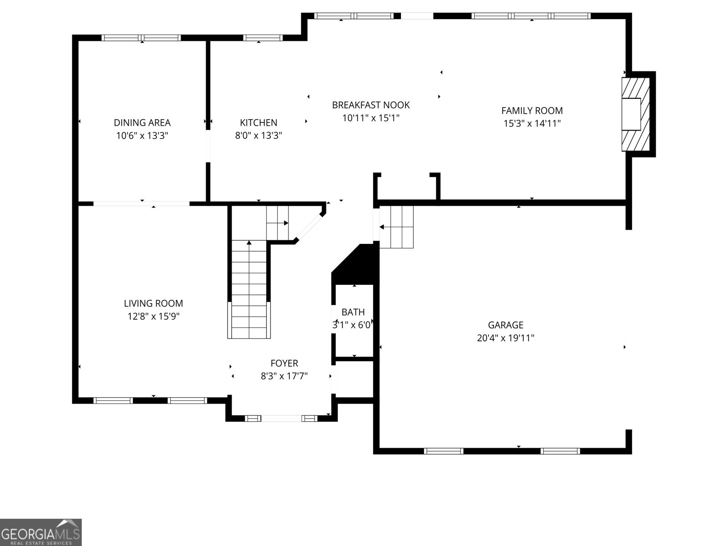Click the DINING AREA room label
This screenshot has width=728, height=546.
[142, 122]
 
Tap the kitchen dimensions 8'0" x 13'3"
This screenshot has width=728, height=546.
[258, 135]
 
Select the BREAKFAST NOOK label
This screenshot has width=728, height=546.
[371, 105]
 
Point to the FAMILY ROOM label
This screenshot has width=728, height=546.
[532, 111]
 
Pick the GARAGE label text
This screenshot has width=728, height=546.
[506, 325]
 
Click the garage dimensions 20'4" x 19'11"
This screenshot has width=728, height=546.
[506, 338]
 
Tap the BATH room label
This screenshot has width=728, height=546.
[353, 312]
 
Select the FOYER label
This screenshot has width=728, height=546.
[284, 363]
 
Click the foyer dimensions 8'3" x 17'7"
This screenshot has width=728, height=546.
[284, 376]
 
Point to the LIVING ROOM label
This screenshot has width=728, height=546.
[153, 303]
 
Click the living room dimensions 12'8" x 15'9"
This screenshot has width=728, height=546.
[153, 316]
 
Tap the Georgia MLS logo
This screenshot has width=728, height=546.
[40, 532]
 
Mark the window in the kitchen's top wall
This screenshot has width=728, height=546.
[263, 38]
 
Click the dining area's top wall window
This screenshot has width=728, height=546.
[141, 38]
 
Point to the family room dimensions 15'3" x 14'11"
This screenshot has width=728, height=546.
[532, 123]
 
